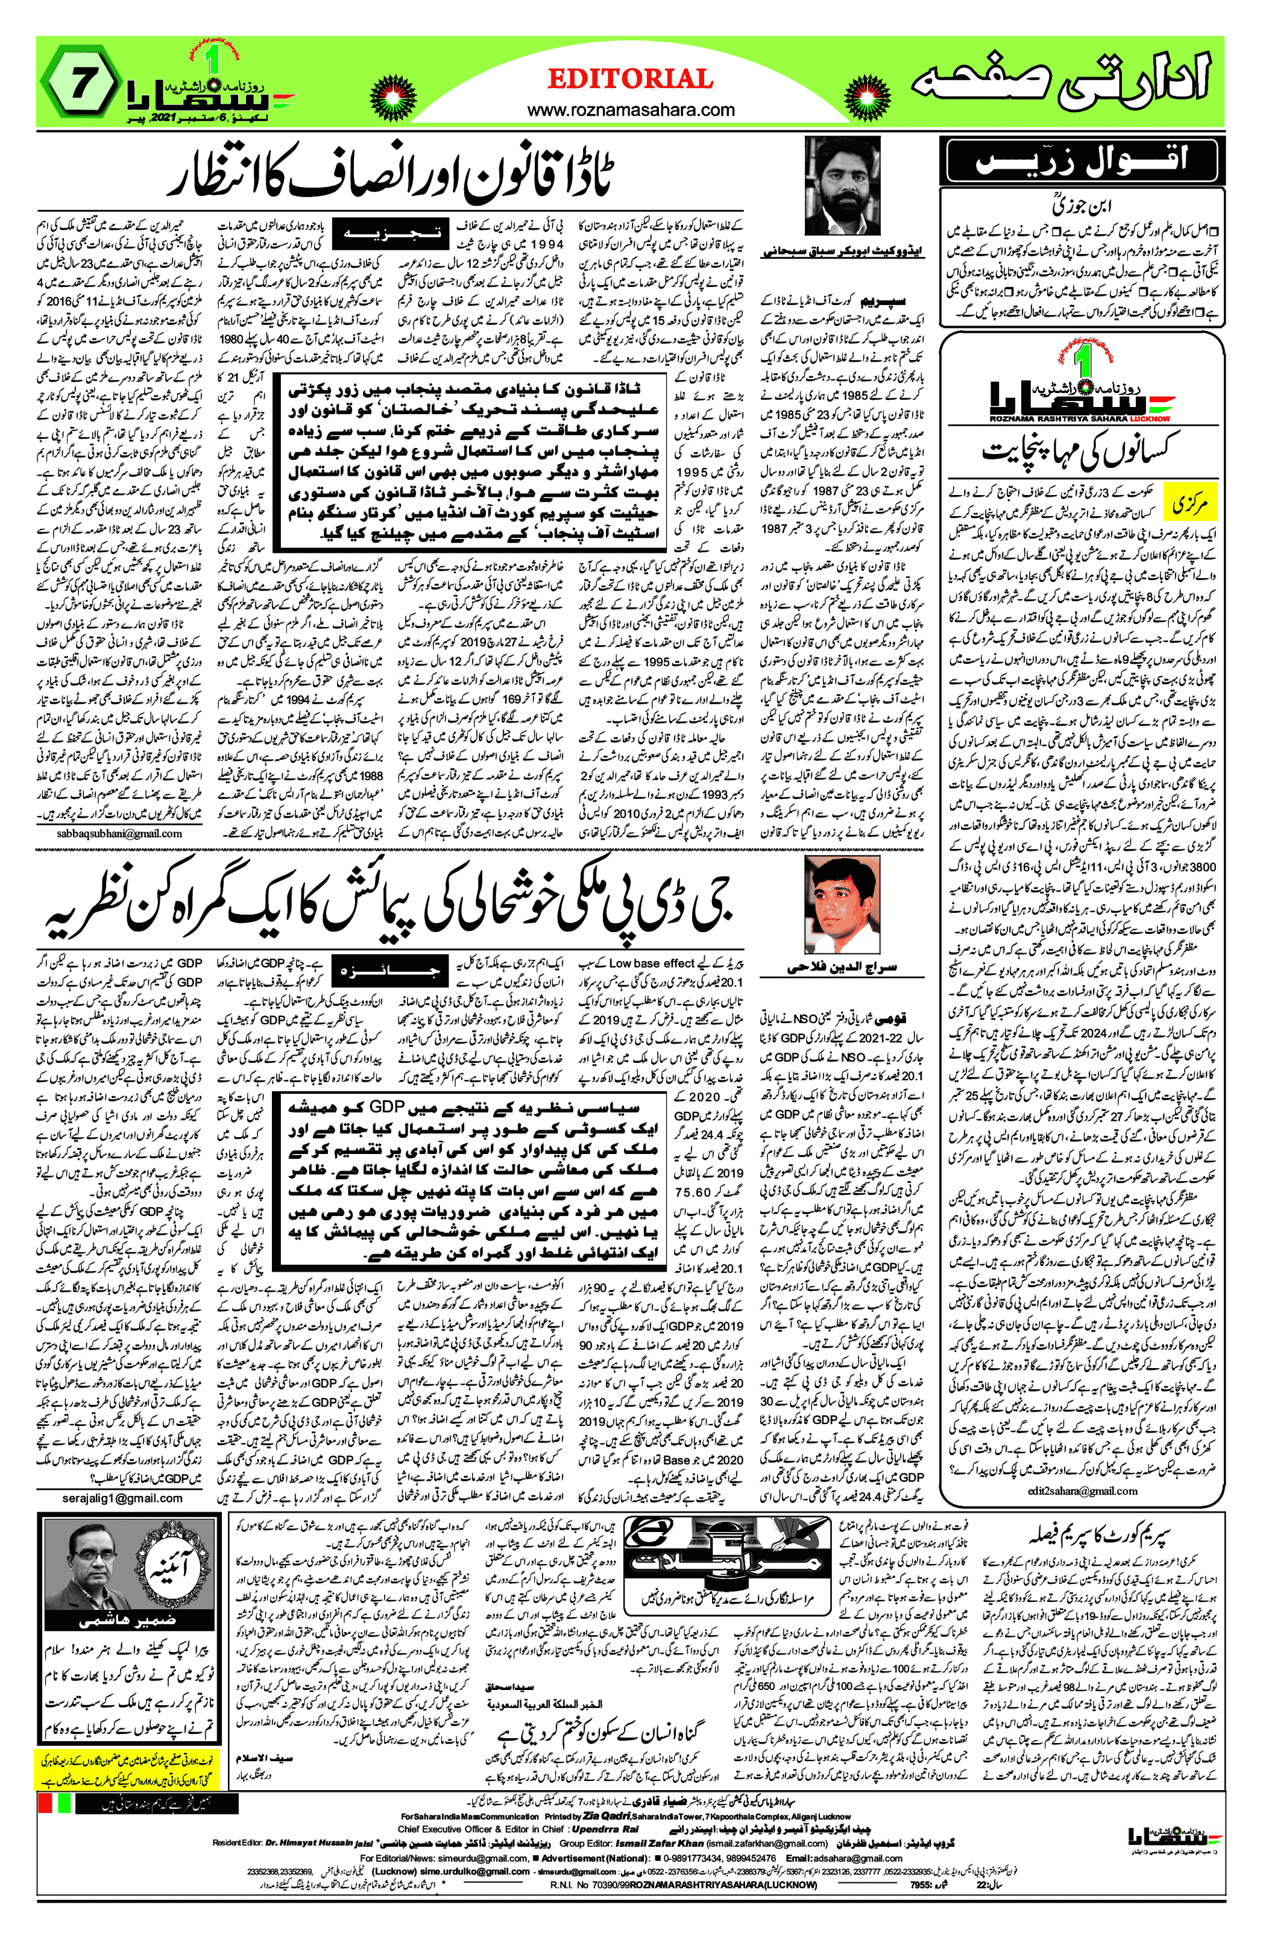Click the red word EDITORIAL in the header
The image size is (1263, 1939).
pyautogui.click(x=630, y=79)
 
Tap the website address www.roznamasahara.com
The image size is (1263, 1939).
pyautogui.click(x=630, y=110)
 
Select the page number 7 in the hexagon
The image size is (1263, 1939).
pyautogui.click(x=80, y=84)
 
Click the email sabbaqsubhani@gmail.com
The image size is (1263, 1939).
pyautogui.click(x=120, y=833)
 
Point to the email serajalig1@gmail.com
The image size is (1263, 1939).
pyautogui.click(x=122, y=1498)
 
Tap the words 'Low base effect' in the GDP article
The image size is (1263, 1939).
pyautogui.click(x=652, y=962)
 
